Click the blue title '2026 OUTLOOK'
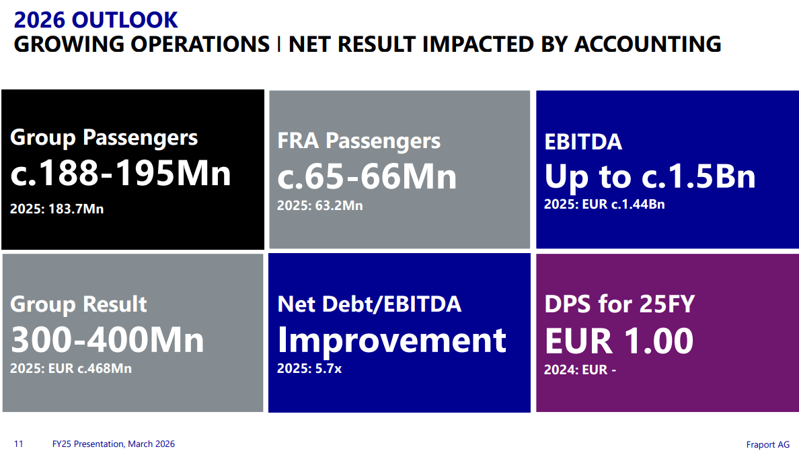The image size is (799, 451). point(96,20)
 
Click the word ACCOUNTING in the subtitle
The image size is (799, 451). point(648,44)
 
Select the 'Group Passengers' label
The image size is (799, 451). point(104,138)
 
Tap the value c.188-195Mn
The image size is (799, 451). point(121,173)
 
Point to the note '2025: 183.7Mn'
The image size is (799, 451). point(57,209)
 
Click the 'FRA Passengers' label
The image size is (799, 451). point(358,141)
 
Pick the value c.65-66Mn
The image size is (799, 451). point(367,176)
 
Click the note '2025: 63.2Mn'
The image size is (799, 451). point(320,205)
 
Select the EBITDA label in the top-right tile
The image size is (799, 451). point(583,142)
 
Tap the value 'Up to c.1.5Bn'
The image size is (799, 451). point(650,176)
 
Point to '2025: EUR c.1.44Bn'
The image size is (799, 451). point(605,204)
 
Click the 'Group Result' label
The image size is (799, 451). point(79,304)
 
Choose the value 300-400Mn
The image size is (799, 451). point(108,340)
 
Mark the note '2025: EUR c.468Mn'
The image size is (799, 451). point(71,368)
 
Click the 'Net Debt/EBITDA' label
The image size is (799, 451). point(369,304)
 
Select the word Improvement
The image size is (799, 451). point(392,340)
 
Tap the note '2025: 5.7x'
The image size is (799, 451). point(309,368)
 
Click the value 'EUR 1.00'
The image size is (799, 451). point(619,341)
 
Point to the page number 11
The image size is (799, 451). point(18,444)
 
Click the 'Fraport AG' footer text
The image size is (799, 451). point(768,444)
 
